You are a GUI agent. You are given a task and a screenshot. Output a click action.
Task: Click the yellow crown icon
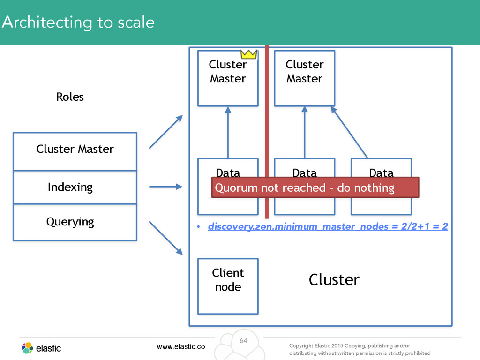pos(248,54)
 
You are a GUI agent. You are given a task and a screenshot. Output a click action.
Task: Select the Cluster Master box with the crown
pos(228,78)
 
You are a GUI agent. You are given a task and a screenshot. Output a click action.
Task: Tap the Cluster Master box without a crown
pos(305,78)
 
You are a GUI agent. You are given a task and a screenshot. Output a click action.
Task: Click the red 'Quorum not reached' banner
pos(315,187)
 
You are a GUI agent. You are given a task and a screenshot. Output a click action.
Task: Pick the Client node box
pos(228,286)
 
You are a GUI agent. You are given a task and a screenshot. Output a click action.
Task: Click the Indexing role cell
pos(75,187)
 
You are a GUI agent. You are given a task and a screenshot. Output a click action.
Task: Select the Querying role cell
pos(75,222)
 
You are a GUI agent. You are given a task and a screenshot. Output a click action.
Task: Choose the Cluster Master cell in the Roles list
pos(75,151)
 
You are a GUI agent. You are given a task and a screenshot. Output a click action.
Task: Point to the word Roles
pos(70,97)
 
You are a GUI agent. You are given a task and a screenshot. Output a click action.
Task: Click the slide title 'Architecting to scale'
pos(78,22)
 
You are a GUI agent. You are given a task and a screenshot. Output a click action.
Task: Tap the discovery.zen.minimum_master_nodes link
pos(328,226)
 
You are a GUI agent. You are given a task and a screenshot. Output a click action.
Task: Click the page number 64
pos(243,341)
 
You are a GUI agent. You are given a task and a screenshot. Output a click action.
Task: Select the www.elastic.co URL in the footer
pos(181,346)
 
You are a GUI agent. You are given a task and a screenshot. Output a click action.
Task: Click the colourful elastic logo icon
pos(27,348)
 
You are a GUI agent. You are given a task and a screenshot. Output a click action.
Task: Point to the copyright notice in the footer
pos(360,349)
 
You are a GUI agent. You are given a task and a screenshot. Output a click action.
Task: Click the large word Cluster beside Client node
pos(334,279)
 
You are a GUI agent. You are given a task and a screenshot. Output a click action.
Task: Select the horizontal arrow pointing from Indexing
pos(165,187)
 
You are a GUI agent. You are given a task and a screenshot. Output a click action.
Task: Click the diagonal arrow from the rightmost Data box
pos(349,133)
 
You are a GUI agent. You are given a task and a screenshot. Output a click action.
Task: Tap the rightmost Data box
pos(381,187)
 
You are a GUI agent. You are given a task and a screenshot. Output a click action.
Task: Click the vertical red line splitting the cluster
pos(267,132)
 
